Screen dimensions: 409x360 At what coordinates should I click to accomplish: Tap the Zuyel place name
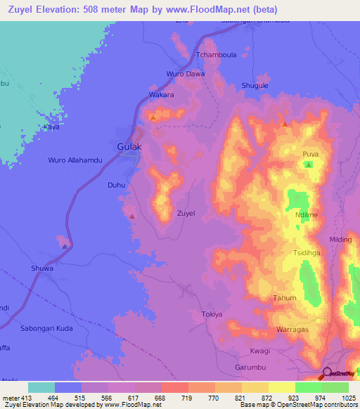(186, 213)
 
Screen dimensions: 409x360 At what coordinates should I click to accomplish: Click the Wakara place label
(161, 94)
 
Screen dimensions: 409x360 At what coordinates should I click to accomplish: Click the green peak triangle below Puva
(309, 164)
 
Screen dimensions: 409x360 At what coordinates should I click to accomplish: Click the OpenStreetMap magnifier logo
(328, 374)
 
